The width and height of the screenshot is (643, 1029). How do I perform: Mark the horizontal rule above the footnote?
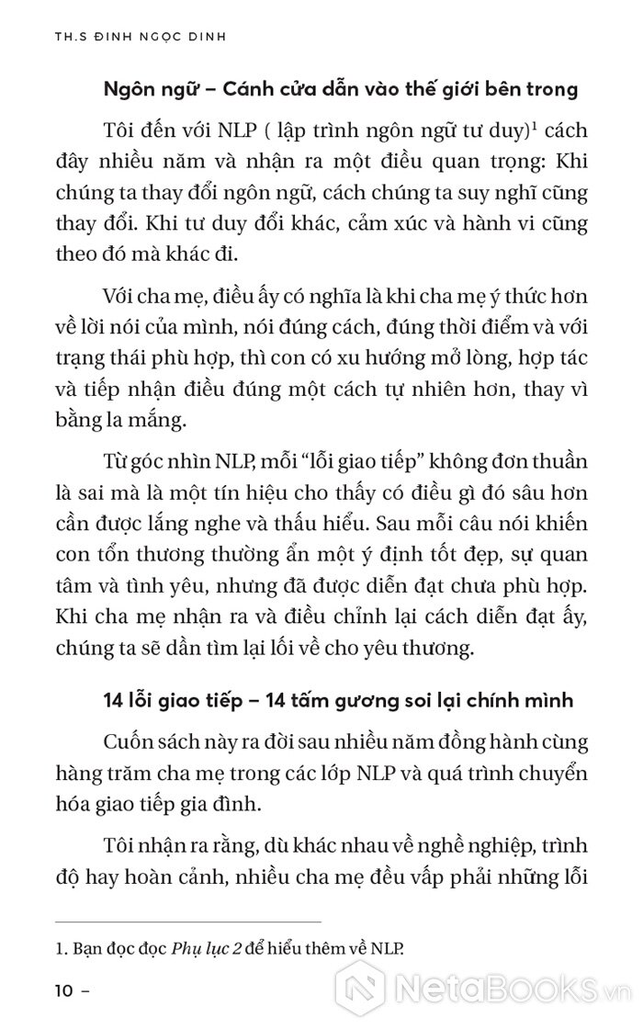pyautogui.click(x=188, y=921)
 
